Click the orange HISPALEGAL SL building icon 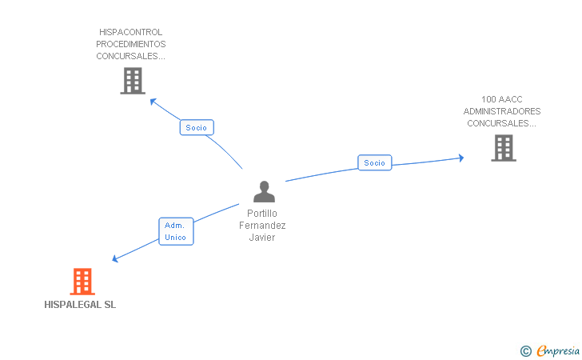[x=82, y=282]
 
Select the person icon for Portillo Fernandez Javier [x=264, y=192]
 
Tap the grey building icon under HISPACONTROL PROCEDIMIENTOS [x=132, y=81]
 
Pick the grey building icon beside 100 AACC [x=503, y=148]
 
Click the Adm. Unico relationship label [x=175, y=231]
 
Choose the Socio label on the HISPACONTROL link [x=196, y=128]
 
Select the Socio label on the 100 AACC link [x=374, y=163]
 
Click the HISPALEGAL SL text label [x=80, y=305]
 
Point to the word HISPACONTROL [x=131, y=33]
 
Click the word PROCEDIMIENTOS [x=131, y=44]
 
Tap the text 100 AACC [x=502, y=99]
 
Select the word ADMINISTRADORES [x=502, y=111]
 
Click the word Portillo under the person [x=262, y=214]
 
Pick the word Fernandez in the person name [x=262, y=226]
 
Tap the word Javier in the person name [x=262, y=238]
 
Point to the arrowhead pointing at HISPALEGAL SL [x=116, y=259]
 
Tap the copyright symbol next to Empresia [x=525, y=350]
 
